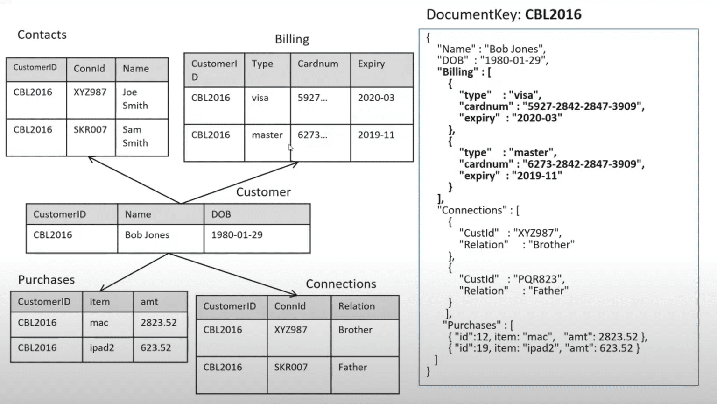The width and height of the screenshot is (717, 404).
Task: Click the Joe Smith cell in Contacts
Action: [135, 99]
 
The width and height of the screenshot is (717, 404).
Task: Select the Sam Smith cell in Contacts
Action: [135, 136]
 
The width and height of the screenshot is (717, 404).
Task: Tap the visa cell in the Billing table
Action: [260, 98]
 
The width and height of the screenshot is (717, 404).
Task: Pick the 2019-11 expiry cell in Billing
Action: [376, 135]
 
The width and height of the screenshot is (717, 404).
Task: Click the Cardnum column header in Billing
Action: [318, 64]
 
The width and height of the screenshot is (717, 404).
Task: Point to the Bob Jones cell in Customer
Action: [147, 235]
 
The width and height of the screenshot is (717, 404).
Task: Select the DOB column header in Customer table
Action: [221, 214]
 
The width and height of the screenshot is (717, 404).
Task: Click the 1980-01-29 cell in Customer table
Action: [237, 235]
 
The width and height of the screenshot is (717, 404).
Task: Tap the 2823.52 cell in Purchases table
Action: [159, 323]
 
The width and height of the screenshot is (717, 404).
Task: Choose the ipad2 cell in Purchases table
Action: [102, 348]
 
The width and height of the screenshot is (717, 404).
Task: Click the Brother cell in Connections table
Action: [355, 330]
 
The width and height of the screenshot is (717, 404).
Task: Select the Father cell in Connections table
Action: [352, 367]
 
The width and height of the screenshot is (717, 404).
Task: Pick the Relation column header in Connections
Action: [357, 306]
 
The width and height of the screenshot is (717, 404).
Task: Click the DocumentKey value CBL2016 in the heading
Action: [553, 14]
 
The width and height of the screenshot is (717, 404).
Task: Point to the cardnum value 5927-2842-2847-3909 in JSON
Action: [583, 106]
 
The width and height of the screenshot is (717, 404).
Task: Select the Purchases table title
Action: [46, 280]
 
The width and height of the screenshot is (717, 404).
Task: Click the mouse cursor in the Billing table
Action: [290, 148]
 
